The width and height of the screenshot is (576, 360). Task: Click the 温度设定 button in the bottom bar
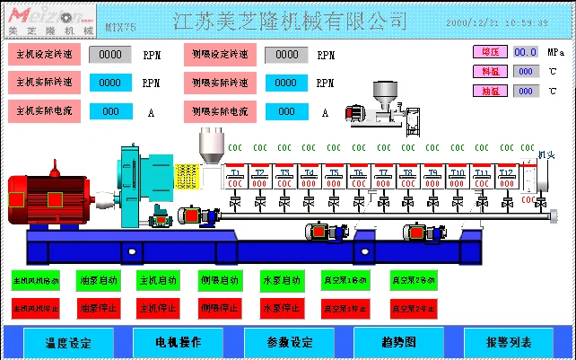[x=68, y=342]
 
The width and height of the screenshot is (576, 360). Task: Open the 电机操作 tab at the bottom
[x=179, y=342]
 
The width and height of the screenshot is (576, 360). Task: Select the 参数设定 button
[x=289, y=342]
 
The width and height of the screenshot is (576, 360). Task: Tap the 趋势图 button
[x=399, y=342]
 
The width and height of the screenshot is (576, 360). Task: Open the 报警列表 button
[x=509, y=342]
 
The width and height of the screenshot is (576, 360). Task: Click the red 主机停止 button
[x=158, y=308]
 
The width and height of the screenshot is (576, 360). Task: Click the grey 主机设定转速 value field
[x=110, y=54]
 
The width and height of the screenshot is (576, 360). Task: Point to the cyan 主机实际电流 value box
[x=110, y=111]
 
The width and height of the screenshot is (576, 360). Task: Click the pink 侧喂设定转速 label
[x=220, y=54]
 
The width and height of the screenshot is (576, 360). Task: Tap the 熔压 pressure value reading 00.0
[x=525, y=53]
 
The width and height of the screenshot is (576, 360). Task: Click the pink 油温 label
[x=489, y=91]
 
